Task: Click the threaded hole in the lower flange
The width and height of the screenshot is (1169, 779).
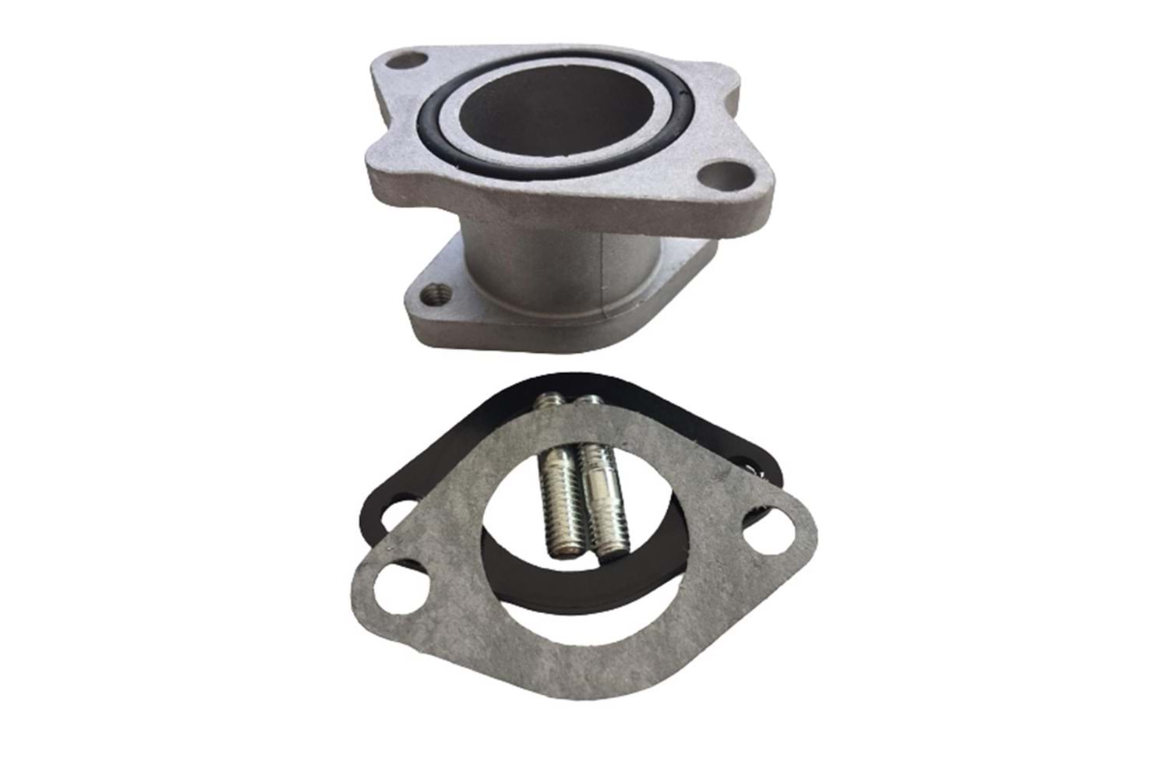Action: (434, 295)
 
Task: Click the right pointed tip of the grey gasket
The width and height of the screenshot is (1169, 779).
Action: (814, 523)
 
